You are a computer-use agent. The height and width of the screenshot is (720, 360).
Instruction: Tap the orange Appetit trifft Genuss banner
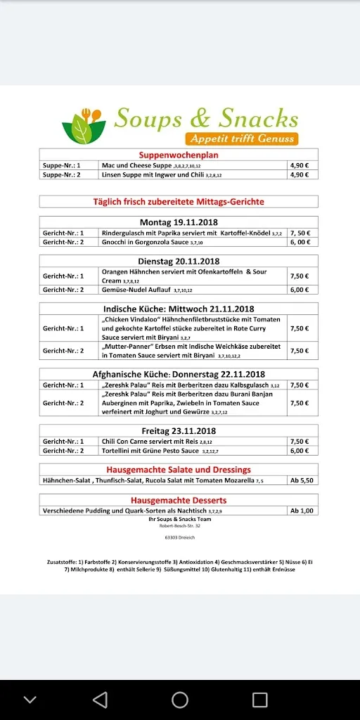242,139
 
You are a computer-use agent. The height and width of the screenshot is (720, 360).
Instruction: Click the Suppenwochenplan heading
179,155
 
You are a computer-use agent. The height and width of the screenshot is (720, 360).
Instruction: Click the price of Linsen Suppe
300,174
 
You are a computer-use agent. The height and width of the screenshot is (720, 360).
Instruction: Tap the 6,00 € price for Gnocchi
300,242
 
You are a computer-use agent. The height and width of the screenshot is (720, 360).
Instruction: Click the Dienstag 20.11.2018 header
179,261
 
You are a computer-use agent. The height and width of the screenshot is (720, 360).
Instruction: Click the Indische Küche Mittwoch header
179,309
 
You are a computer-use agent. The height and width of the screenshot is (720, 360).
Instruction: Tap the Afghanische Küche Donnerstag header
179,375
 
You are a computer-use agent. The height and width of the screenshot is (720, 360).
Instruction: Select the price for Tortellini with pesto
300,451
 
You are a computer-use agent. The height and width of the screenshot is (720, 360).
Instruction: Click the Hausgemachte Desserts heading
179,501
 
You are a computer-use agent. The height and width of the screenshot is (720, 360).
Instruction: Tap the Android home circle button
180,699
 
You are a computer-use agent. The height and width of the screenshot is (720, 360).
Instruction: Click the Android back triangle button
100,699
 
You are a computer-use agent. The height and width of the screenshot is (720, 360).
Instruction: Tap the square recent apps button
260,699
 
